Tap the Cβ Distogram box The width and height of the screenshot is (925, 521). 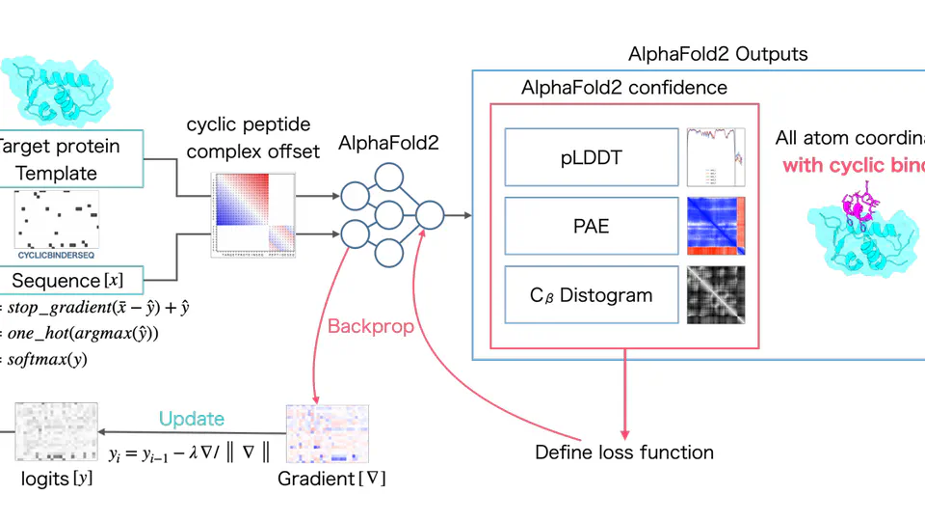coord(591,294)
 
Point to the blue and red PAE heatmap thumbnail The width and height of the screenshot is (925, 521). coord(716,224)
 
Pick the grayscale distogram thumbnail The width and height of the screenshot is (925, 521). coord(716,294)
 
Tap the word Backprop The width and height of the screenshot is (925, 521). coord(371,326)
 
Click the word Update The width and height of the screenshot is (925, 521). coord(192,419)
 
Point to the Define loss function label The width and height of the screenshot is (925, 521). coord(624,452)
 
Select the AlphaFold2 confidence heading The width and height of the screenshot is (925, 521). coord(624,88)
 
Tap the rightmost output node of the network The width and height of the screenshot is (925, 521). coord(429,214)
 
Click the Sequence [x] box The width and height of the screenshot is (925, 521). coord(67,281)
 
